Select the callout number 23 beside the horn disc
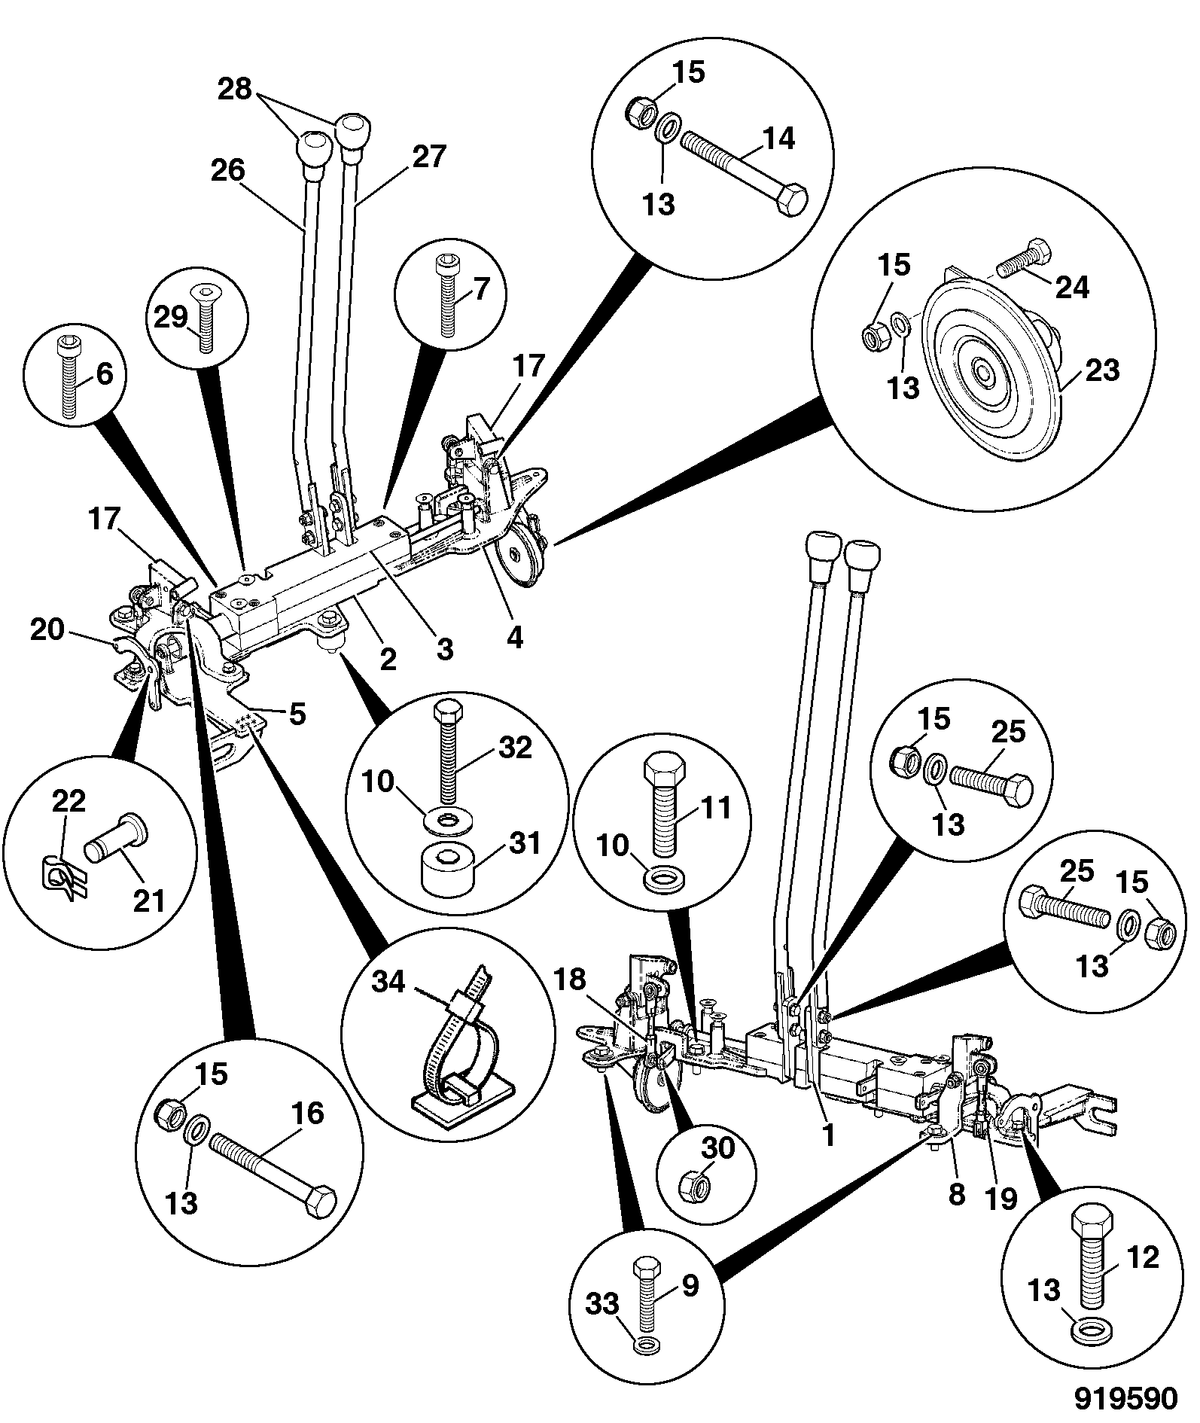[1103, 370]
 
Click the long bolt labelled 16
[273, 1181]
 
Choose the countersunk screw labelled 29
[203, 317]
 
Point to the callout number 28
[234, 89]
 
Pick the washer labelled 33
[644, 1344]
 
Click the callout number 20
[47, 629]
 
